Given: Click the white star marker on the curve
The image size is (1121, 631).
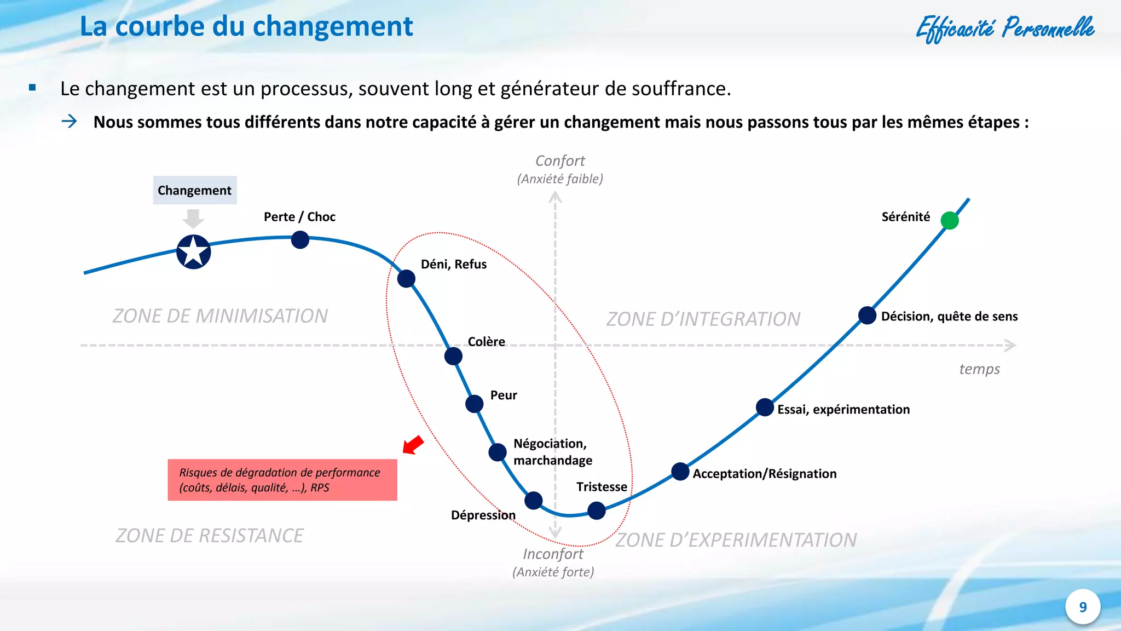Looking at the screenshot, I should click(194, 252).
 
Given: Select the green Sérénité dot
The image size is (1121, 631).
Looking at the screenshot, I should click(950, 220).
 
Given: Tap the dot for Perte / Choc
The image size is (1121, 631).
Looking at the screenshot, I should click(300, 239).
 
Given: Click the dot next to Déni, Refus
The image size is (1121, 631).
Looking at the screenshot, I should click(406, 278).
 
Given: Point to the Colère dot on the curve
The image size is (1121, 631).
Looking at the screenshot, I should click(453, 356).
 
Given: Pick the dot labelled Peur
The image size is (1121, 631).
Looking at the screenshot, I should click(474, 404).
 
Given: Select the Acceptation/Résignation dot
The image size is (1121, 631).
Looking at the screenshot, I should click(680, 471).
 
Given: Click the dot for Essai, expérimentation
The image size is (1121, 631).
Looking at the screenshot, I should click(765, 407).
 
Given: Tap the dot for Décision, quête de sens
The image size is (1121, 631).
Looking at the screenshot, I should click(867, 315).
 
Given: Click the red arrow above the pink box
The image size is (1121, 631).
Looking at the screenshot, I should click(413, 444).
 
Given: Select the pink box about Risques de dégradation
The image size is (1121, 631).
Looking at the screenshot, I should click(282, 480).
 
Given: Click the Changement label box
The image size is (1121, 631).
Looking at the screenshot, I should click(195, 190).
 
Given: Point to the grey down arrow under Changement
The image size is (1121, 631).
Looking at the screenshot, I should click(193, 218).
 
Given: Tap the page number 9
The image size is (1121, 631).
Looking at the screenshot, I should click(1083, 607).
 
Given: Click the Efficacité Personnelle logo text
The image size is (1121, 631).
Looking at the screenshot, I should click(1005, 28).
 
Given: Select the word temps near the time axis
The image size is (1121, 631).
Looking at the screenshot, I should click(979, 369).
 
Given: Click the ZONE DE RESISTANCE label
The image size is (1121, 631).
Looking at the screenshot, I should click(210, 535).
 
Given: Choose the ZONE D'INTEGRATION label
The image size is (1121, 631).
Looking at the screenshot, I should click(703, 319).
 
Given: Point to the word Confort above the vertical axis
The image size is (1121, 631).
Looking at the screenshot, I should click(560, 160).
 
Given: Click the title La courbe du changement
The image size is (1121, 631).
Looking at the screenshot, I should click(246, 26).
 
